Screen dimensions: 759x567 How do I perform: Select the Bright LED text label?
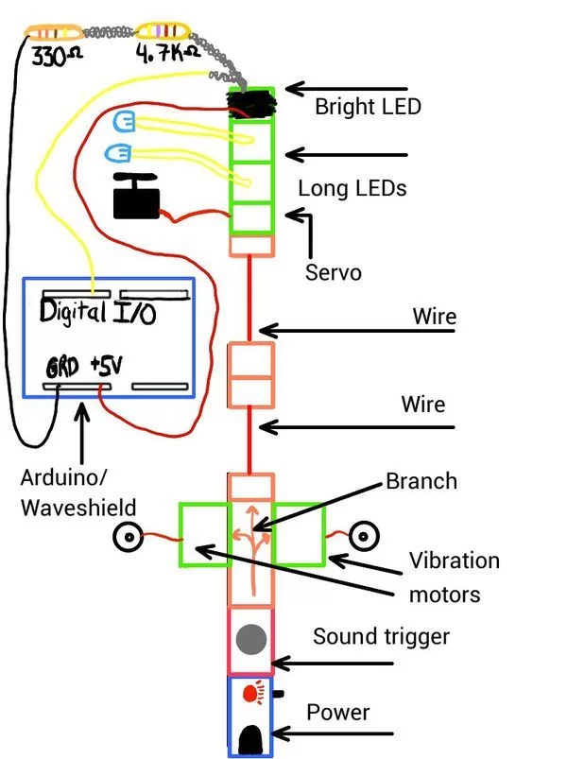(368, 106)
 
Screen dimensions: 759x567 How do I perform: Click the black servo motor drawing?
(136, 197)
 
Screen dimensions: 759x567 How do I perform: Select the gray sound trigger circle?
(250, 640)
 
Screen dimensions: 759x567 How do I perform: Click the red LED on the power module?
(250, 694)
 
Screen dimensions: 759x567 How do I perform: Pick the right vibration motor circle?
(361, 537)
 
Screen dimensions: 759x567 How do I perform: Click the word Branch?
(421, 481)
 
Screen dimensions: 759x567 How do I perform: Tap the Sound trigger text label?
(381, 636)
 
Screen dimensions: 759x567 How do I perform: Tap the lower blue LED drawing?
(119, 151)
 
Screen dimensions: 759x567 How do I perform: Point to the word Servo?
(333, 272)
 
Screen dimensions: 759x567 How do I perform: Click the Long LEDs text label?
(352, 188)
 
